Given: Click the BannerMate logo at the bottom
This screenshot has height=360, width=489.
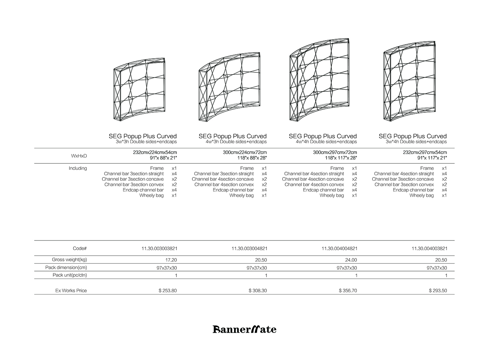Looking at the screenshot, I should click(244, 329).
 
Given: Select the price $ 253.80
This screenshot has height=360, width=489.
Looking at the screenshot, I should click(167, 291).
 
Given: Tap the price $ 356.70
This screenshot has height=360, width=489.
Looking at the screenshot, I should click(348, 291).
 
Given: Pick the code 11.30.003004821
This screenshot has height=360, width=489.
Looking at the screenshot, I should click(249, 248).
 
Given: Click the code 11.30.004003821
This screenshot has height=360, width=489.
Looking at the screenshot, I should click(429, 248).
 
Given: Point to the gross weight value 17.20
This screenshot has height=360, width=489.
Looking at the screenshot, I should click(171, 260).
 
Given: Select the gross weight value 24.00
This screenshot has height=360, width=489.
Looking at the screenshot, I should click(351, 260).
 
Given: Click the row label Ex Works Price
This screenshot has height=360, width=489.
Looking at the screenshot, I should click(71, 291).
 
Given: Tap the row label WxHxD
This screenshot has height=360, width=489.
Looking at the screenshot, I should click(79, 156).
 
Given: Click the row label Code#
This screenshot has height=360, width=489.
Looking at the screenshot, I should click(80, 248).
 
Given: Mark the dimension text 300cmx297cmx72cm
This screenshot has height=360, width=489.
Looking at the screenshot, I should click(335, 153).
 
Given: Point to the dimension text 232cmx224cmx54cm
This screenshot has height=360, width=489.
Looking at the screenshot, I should click(155, 153).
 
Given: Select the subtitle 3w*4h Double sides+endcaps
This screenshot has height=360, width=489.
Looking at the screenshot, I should click(416, 142).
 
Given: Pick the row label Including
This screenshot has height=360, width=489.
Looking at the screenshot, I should click(78, 168).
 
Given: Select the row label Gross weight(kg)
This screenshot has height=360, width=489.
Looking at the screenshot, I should click(69, 260).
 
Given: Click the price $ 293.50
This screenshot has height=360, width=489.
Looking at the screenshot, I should click(438, 291).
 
